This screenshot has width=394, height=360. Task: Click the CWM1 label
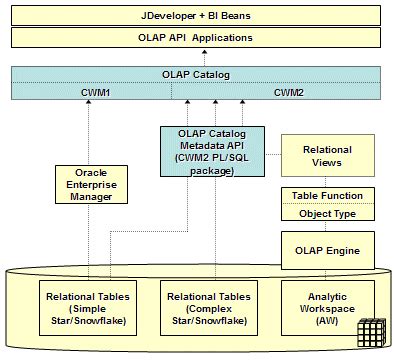[95, 91]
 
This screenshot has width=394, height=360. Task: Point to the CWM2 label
[290, 91]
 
